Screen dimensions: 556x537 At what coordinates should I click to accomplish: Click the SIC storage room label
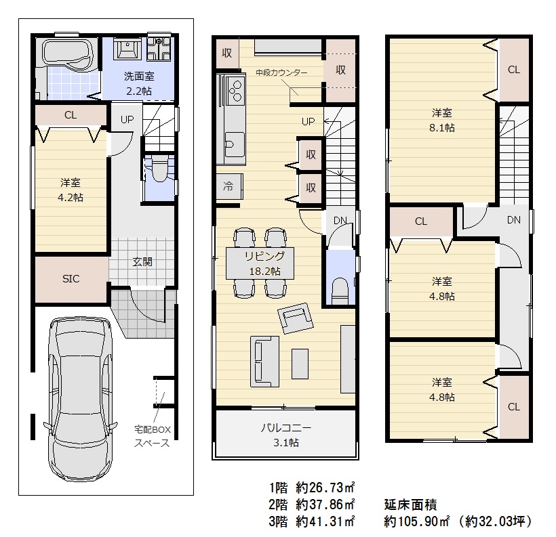71,279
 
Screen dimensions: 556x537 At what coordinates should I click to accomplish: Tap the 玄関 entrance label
142,262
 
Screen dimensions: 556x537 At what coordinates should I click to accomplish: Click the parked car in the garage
81,399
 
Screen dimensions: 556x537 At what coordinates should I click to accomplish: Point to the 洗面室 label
139,76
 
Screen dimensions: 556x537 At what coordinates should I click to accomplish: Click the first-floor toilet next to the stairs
160,169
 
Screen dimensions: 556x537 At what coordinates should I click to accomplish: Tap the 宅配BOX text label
153,429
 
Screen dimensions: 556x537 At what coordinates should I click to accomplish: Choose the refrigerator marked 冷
229,186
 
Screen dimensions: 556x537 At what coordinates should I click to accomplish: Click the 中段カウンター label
281,72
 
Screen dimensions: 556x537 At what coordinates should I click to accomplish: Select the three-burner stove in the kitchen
235,91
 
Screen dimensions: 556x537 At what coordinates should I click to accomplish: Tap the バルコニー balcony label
286,428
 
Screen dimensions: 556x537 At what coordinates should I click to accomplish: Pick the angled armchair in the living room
296,318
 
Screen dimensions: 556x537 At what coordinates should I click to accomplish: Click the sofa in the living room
264,362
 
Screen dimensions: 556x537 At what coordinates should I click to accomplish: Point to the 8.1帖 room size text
442,127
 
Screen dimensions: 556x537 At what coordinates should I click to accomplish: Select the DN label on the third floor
513,220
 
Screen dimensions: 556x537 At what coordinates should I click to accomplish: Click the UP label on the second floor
308,121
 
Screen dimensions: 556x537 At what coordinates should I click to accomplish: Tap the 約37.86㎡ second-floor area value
325,504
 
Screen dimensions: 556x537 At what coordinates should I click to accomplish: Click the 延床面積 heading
410,504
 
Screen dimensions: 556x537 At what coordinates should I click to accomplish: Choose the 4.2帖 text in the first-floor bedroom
71,197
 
